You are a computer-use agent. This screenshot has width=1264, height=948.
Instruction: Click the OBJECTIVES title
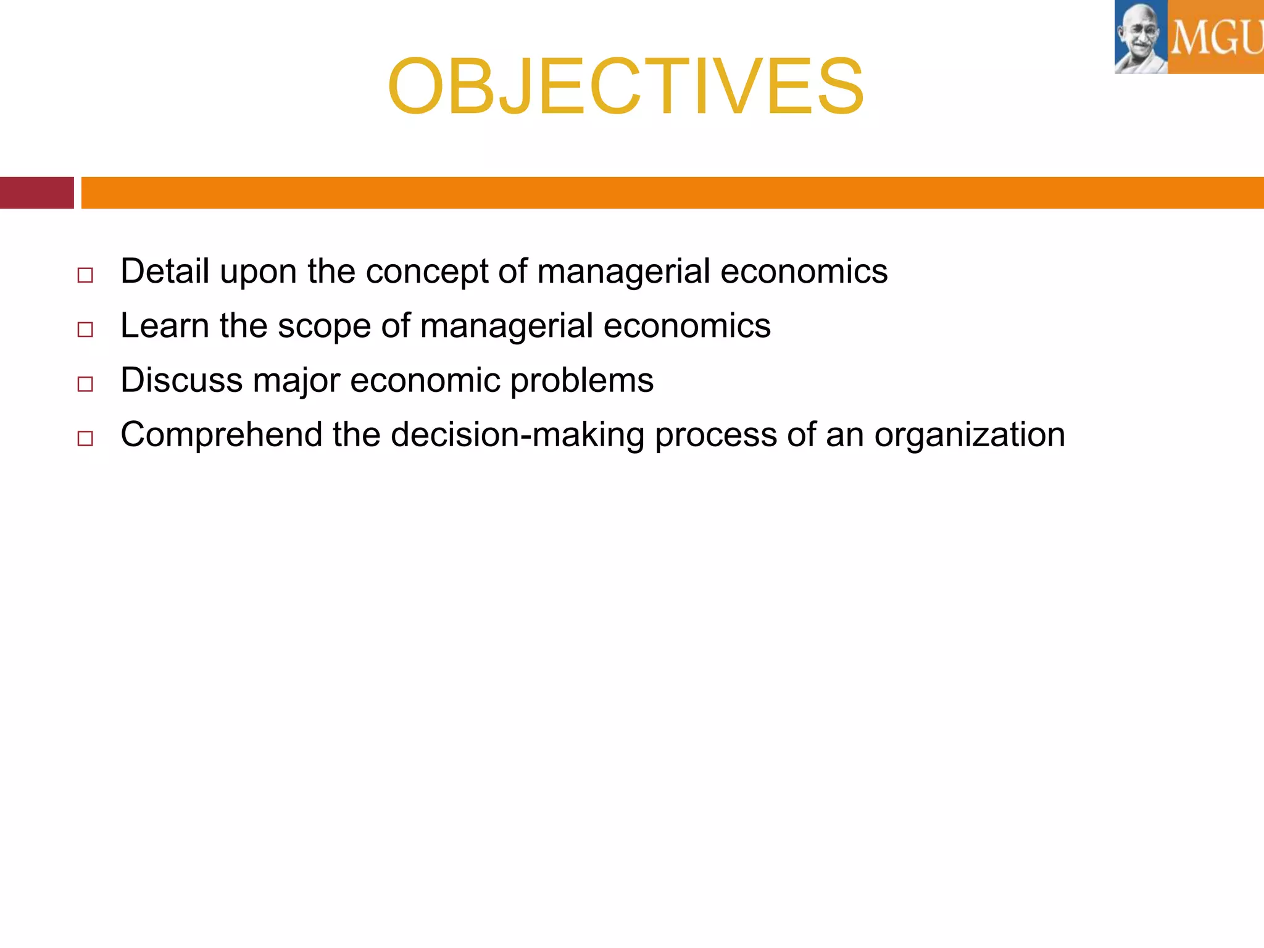coord(625,86)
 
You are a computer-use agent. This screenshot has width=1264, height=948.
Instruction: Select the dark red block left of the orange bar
coord(36,193)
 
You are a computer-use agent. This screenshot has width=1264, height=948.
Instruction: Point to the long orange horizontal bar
coord(672,193)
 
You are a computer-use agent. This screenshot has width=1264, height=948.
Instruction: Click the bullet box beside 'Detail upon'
coord(85,275)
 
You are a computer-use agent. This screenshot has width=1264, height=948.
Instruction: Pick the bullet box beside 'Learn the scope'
coord(85,330)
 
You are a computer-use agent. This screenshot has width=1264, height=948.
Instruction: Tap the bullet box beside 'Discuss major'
coord(85,384)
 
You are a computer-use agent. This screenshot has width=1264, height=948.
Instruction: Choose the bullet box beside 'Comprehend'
coord(85,438)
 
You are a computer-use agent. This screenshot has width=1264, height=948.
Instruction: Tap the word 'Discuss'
coord(181,380)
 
